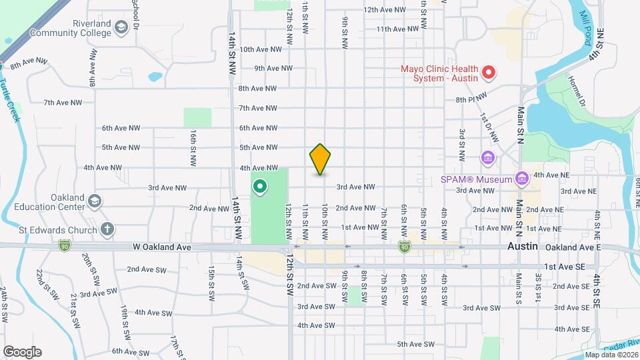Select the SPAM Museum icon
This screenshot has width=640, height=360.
pos(521,178)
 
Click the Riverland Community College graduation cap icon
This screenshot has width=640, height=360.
pos(121,27)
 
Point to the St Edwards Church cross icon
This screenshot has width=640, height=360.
pos(107,229)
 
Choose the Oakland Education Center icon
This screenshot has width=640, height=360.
pos(95,201)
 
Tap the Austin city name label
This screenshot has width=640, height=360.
pos(522,246)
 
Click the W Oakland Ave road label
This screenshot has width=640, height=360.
pos(161,247)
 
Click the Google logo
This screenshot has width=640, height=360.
pos(22,351)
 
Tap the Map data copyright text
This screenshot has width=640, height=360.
pos(609,355)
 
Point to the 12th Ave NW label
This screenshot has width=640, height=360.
pos(385,10)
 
